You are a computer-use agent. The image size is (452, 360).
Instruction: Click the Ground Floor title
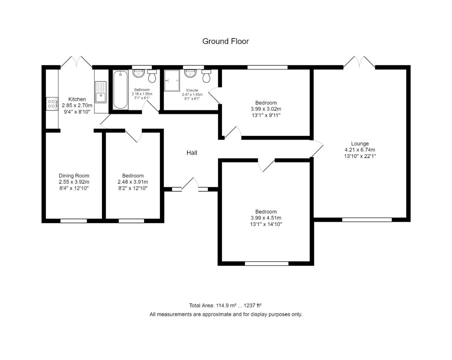tap(226, 41)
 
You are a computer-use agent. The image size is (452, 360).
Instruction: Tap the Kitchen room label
tap(77, 99)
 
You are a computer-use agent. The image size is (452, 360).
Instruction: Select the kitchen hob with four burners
tap(52, 104)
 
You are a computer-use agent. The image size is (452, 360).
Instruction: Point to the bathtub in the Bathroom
tap(120, 90)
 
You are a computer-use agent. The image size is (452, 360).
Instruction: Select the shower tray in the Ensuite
tap(172, 80)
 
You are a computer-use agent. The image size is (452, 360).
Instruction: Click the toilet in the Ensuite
tap(206, 76)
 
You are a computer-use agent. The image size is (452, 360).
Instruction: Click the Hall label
tap(192, 153)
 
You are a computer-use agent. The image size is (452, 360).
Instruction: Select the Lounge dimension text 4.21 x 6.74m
tap(360, 150)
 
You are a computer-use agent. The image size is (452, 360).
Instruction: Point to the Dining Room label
tap(74, 176)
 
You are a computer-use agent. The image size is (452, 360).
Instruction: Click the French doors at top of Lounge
tap(359, 63)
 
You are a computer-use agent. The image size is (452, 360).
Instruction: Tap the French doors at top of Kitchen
tap(76, 62)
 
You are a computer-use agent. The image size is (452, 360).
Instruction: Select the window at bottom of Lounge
tap(367, 220)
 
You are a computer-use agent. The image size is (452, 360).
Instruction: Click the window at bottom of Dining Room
tap(74, 221)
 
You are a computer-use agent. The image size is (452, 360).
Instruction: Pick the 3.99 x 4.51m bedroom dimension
tap(266, 218)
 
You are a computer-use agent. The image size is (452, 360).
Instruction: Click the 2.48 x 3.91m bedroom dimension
tap(133, 182)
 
